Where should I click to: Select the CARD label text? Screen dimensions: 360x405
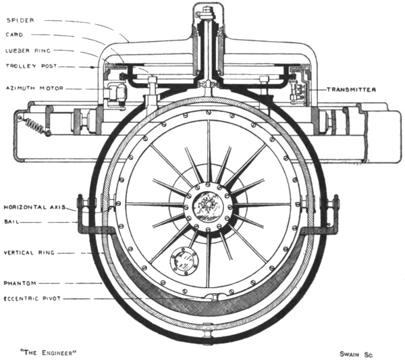(16, 35)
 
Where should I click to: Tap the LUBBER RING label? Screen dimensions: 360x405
(27, 51)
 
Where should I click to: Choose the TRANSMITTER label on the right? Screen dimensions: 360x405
(352, 89)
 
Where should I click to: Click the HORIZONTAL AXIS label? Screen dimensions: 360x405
(33, 208)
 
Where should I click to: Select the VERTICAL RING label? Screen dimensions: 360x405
(29, 253)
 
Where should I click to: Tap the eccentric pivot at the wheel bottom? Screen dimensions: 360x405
(215, 297)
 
